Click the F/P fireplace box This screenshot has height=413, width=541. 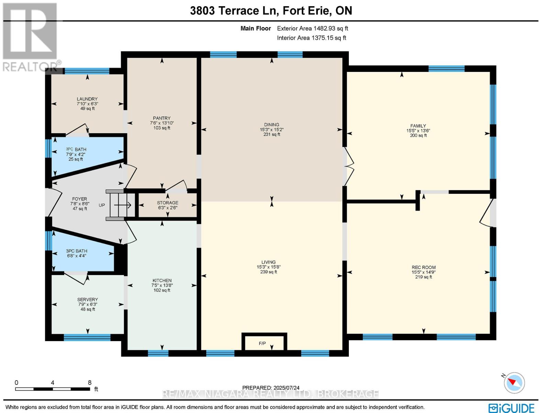[x=264, y=342]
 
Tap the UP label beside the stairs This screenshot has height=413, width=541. [x=102, y=205]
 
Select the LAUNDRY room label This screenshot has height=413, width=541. [x=87, y=99]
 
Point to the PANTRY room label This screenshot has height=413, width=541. [x=162, y=118]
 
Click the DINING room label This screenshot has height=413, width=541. [x=272, y=125]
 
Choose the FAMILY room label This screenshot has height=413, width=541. [x=418, y=126]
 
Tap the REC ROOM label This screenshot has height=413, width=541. [x=424, y=267]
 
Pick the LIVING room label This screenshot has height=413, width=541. [x=269, y=262]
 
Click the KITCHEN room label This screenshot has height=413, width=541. [x=162, y=280]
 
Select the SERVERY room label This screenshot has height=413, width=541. [x=88, y=299]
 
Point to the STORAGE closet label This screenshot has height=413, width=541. [x=168, y=203]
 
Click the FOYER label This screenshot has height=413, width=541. [x=80, y=199]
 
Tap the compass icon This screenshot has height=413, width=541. [x=514, y=383]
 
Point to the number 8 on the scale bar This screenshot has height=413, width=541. [x=89, y=382]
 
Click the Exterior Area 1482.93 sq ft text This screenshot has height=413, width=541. [x=312, y=28]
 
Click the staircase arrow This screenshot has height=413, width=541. [x=122, y=205]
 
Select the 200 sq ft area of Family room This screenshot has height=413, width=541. [x=418, y=136]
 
